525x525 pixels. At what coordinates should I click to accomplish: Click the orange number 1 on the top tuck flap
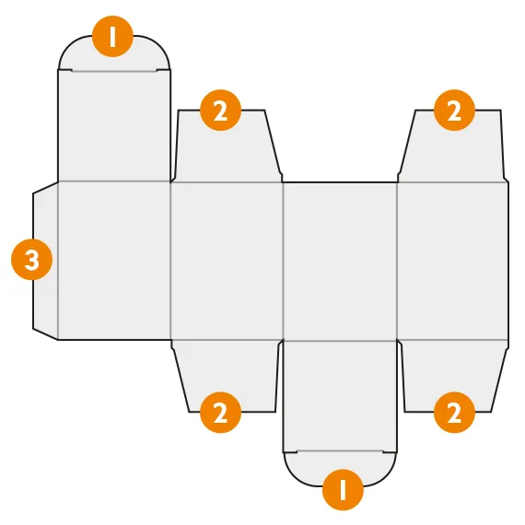point(112,36)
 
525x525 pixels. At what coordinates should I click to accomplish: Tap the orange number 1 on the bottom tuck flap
point(343,490)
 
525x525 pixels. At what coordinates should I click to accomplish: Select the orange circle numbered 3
point(32,260)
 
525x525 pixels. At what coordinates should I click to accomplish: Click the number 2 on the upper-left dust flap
point(220,111)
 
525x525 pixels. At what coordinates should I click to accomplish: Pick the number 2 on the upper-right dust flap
point(454,111)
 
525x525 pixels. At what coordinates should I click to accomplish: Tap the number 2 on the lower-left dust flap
point(220,413)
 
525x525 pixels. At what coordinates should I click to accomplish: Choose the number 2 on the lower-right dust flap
point(454,413)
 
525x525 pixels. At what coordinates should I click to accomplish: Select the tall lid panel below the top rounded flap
point(114,126)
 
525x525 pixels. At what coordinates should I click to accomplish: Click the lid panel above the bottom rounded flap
point(340,396)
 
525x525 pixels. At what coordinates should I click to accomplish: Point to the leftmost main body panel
point(114,261)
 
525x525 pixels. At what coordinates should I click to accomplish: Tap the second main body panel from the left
point(227,261)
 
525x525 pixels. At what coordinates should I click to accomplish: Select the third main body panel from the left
point(340,261)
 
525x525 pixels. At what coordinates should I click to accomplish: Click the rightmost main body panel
point(452,261)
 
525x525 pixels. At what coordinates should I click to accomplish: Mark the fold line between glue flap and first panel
point(58,261)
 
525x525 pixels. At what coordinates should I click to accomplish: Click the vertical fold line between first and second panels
point(170,261)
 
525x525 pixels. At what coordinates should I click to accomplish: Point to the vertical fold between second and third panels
point(284,261)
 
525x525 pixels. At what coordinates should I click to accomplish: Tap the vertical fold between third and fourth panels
point(397,261)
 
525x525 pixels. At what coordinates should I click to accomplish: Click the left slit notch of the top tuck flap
point(65,70)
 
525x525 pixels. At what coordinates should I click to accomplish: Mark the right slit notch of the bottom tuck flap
point(390,452)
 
